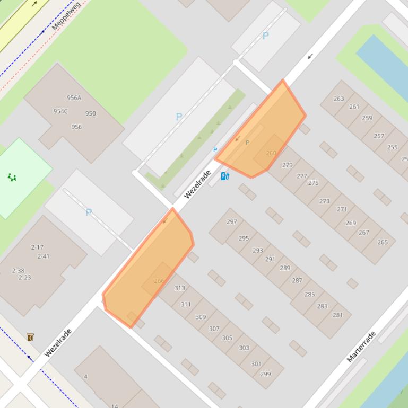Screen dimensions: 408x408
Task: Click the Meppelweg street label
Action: [x=66, y=16]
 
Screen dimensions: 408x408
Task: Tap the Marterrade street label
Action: [x=361, y=347]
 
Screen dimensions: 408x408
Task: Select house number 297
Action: [x=232, y=221]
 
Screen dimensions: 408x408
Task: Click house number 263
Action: [x=339, y=99]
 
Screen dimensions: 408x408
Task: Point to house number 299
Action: [x=265, y=374]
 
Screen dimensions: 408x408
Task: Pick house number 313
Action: [x=180, y=288]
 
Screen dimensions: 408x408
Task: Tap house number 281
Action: [x=338, y=315]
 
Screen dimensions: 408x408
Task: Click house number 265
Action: [x=383, y=242]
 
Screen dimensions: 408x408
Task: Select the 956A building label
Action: [x=74, y=98]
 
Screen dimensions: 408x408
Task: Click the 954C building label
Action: [x=60, y=111]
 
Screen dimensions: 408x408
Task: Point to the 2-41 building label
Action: [x=44, y=256]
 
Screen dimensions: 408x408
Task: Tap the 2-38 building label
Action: [x=18, y=270]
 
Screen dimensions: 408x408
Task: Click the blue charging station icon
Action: [x=225, y=176]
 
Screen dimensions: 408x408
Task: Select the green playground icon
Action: [x=12, y=177]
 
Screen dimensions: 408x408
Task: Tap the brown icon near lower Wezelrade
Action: [x=30, y=337]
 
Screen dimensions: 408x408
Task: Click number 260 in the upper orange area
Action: [x=271, y=153]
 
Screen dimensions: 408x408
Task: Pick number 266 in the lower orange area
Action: [x=159, y=281]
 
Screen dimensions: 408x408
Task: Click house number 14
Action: [x=115, y=406]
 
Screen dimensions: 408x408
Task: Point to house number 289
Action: [x=285, y=268]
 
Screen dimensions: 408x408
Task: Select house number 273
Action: [x=325, y=201]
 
